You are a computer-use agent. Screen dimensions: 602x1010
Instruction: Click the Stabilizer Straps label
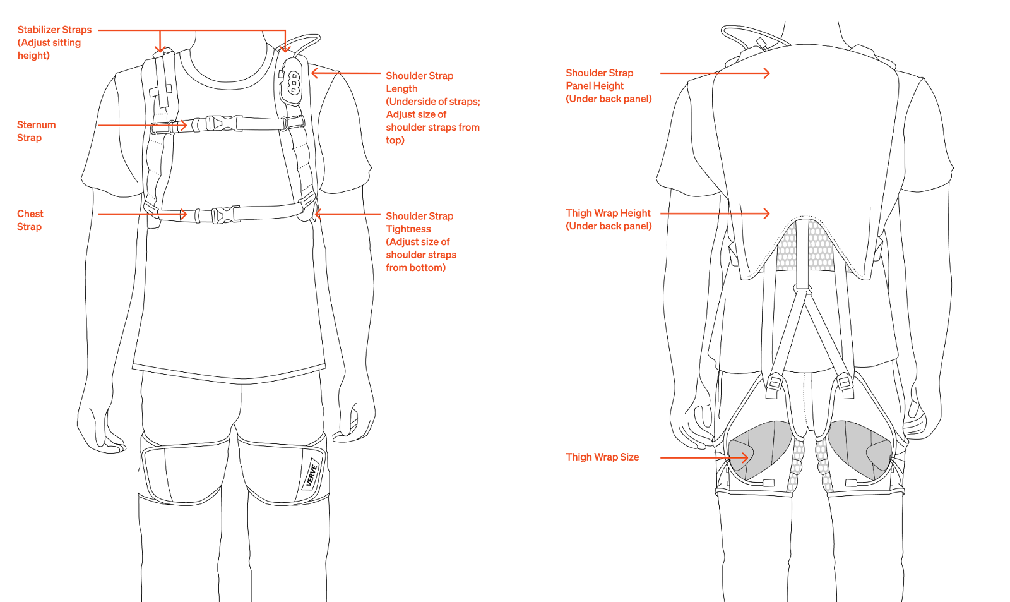(54, 30)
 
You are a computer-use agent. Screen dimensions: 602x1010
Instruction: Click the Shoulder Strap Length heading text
(419, 82)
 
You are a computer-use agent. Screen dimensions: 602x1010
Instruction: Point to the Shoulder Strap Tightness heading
(419, 222)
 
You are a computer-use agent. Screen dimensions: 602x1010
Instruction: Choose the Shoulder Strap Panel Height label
(599, 80)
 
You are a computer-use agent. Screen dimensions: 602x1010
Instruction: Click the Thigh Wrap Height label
(608, 214)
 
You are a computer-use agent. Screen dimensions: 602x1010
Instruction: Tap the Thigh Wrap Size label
(602, 457)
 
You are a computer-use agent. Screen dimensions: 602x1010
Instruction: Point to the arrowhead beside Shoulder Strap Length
(314, 73)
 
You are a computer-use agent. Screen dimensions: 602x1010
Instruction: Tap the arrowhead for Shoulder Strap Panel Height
(767, 73)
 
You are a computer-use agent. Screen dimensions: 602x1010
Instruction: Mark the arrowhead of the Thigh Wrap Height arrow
(767, 214)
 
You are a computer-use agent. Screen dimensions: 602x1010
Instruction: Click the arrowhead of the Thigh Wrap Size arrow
(746, 457)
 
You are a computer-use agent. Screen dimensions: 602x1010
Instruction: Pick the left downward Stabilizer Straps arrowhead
(160, 50)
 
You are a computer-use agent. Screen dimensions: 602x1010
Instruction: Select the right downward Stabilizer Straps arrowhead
(285, 50)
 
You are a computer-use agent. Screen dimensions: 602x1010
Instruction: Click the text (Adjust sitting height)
(49, 49)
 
